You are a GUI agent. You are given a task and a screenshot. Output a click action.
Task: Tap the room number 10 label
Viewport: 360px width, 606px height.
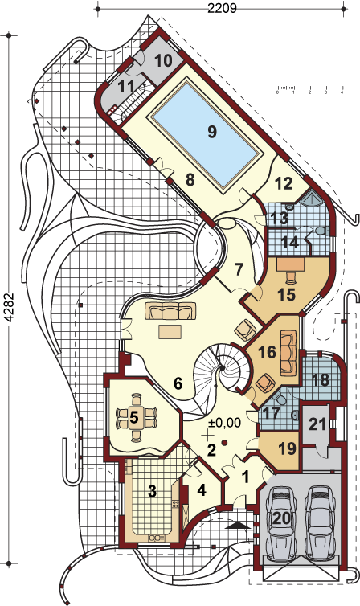(x=162, y=60)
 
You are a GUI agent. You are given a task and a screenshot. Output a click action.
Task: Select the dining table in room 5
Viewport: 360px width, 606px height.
(x=136, y=417)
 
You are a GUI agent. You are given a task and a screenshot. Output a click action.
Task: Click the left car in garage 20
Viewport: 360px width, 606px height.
(x=281, y=519)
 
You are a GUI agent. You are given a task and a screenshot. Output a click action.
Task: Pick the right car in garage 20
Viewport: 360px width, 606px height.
(x=321, y=519)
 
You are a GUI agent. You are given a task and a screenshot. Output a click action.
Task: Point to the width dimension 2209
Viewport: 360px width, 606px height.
(x=222, y=8)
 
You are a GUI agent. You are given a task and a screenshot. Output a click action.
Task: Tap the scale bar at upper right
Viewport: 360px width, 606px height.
(x=309, y=90)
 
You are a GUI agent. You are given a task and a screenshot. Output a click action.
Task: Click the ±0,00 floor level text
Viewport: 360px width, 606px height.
(x=224, y=423)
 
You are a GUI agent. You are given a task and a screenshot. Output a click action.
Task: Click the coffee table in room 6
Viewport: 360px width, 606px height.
(x=170, y=331)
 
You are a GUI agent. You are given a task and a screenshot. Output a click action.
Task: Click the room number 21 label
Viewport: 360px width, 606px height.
(x=317, y=424)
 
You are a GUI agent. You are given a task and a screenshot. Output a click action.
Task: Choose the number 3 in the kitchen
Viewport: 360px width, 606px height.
(x=152, y=492)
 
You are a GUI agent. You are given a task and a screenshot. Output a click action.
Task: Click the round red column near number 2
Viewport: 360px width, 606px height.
(x=224, y=442)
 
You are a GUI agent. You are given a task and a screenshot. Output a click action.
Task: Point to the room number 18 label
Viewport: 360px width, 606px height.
(x=321, y=380)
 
